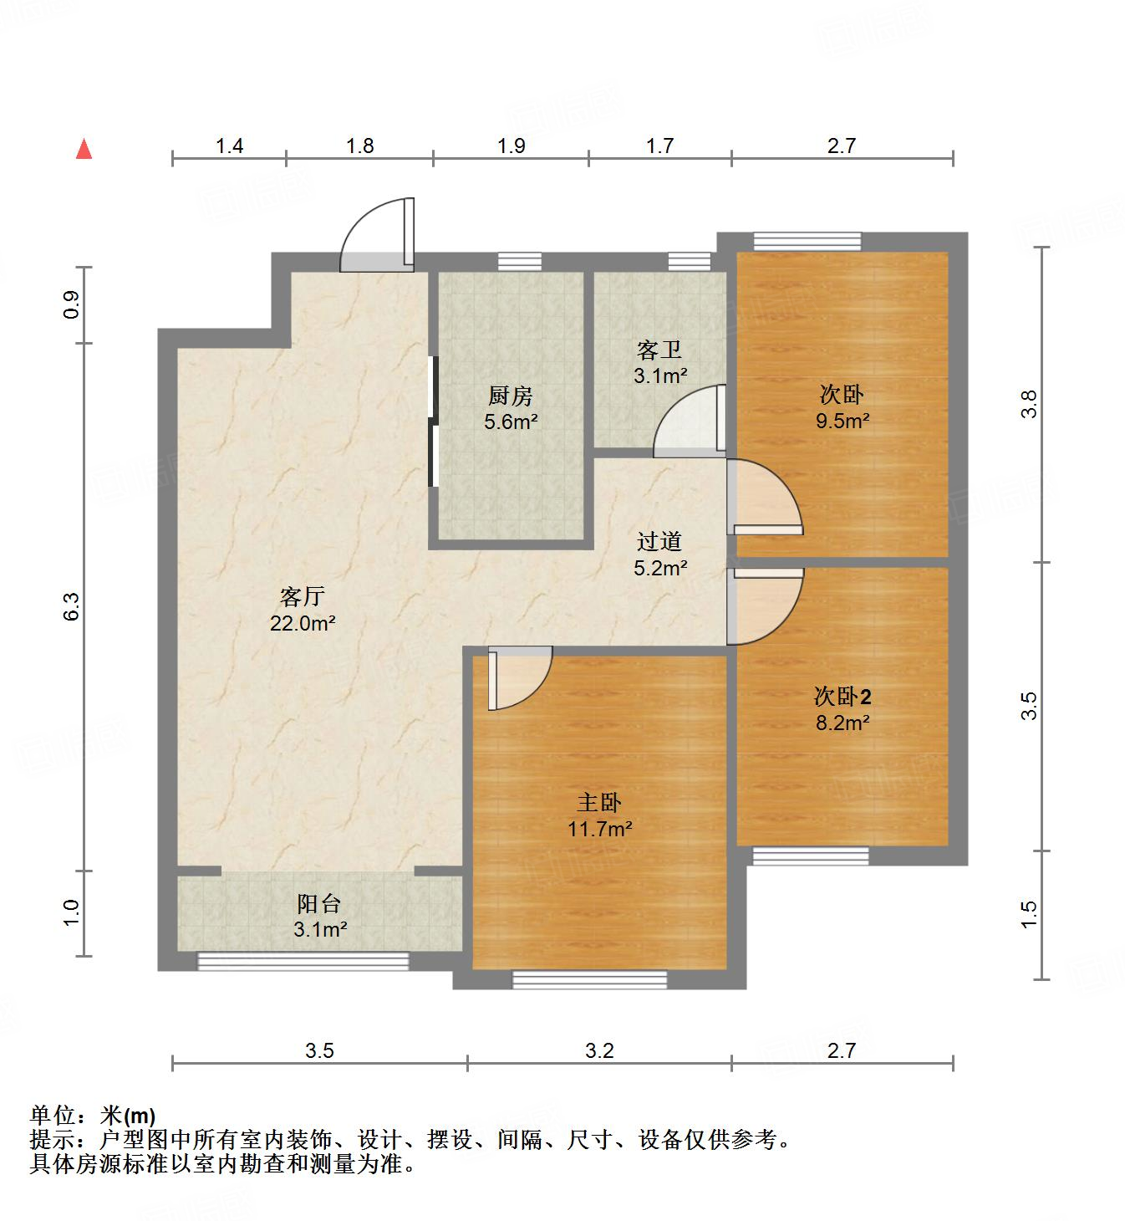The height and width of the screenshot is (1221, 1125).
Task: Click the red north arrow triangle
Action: (x=84, y=150)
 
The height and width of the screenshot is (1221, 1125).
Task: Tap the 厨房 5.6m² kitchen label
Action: (x=510, y=408)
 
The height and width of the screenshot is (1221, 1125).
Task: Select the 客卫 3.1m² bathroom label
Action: (x=659, y=362)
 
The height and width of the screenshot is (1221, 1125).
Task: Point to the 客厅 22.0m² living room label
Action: (x=302, y=610)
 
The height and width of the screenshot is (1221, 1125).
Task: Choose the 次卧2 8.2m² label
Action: (x=842, y=709)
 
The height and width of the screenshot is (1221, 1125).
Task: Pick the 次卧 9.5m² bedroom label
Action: (x=842, y=407)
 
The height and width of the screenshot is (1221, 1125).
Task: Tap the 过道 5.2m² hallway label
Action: (x=659, y=555)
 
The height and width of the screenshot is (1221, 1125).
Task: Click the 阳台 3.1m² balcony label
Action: (x=320, y=916)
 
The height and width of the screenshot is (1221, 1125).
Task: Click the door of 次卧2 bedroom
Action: (x=763, y=605)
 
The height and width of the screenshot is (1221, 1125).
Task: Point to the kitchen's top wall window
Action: (x=519, y=262)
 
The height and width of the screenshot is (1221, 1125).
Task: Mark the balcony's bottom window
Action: (x=303, y=962)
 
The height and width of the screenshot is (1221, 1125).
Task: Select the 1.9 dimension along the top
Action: (x=511, y=146)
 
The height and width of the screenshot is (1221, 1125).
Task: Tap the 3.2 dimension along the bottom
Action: (x=599, y=1050)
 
